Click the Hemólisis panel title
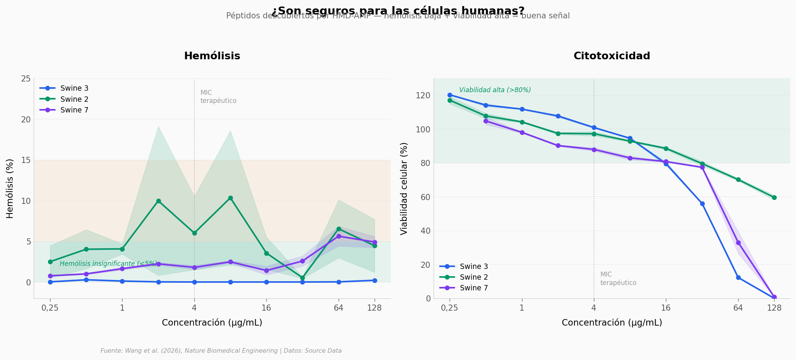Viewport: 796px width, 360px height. tap(212, 56)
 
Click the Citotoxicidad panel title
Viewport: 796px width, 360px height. tap(612, 56)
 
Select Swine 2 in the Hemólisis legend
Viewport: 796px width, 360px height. tap(74, 99)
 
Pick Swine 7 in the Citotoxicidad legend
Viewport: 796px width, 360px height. tap(474, 288)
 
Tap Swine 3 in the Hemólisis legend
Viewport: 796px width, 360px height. tap(74, 88)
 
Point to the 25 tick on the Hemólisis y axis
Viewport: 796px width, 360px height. tap(26, 79)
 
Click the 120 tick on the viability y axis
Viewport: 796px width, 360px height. tap(423, 95)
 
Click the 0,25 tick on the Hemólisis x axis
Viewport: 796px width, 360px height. tap(50, 308)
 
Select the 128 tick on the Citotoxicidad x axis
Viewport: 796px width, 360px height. tap(774, 308)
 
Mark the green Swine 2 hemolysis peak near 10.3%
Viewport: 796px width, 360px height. tap(230, 198)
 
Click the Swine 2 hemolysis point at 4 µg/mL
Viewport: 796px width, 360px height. tap(194, 233)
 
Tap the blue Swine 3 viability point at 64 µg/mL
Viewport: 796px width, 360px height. tap(738, 277)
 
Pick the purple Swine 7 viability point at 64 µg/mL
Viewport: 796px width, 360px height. tap(738, 243)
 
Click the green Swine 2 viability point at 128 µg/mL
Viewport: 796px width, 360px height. tap(774, 197)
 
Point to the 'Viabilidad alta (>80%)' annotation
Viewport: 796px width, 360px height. tap(495, 90)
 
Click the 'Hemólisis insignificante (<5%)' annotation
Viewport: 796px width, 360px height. tap(108, 264)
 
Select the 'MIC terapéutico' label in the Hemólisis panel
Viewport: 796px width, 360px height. tap(218, 97)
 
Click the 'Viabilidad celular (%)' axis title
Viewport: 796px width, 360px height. tap(404, 188)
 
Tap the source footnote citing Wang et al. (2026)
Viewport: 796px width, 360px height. tap(221, 351)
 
